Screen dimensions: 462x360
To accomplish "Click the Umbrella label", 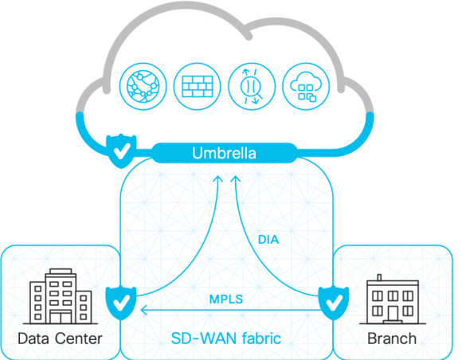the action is pyautogui.click(x=224, y=153).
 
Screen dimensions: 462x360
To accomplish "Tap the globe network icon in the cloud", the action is pyautogui.click(x=143, y=86).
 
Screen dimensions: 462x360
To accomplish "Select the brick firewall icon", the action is pyautogui.click(x=197, y=86).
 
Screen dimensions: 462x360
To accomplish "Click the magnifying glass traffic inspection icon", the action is pyautogui.click(x=252, y=86).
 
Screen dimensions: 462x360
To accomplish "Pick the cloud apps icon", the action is pyautogui.click(x=306, y=86).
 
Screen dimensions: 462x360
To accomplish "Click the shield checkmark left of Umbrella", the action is pyautogui.click(x=121, y=151).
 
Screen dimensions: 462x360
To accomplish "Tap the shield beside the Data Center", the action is pyautogui.click(x=121, y=303).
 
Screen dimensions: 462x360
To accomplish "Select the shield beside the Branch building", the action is pyautogui.click(x=334, y=303).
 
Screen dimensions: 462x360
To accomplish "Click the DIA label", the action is pyautogui.click(x=268, y=240).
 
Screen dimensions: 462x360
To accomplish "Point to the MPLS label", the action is pyautogui.click(x=226, y=299).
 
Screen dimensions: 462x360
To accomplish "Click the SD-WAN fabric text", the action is pyautogui.click(x=226, y=338).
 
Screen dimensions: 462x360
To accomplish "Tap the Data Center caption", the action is pyautogui.click(x=60, y=338).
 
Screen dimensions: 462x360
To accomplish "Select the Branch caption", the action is pyautogui.click(x=392, y=338).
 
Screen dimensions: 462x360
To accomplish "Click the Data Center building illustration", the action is pyautogui.click(x=61, y=296).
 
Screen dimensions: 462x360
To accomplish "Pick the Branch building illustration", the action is pyautogui.click(x=393, y=299).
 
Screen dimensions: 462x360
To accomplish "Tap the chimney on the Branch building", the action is pyautogui.click(x=379, y=277).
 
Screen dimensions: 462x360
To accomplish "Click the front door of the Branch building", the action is pyautogui.click(x=393, y=315).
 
